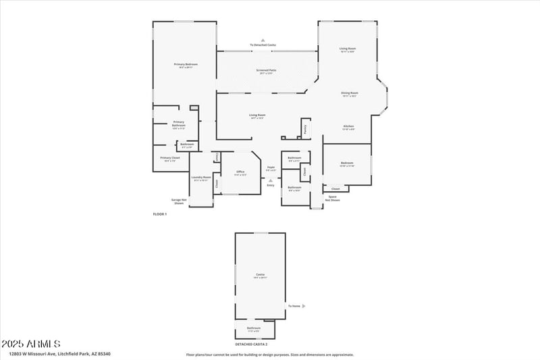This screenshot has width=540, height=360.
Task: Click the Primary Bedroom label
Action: click(x=186, y=65)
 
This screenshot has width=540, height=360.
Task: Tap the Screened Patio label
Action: click(x=266, y=71)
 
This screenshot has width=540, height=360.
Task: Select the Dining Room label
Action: click(x=349, y=94)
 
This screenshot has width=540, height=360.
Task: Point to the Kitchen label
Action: click(x=348, y=126)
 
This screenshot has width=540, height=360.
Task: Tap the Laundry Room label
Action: click(x=202, y=178)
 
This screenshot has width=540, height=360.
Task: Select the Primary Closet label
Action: click(x=169, y=159)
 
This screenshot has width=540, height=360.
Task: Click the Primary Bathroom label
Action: click(x=178, y=124)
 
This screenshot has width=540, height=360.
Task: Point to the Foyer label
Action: click(x=271, y=168)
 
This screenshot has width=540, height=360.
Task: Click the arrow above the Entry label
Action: click(x=271, y=180)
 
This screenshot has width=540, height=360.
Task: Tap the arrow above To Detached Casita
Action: click(x=263, y=41)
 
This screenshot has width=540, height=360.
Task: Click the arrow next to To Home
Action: click(x=304, y=306)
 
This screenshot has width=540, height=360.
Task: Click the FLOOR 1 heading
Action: click(x=159, y=214)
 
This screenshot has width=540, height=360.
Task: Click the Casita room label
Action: click(x=260, y=275)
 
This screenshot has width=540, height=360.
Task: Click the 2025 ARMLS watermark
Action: click(x=31, y=344)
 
